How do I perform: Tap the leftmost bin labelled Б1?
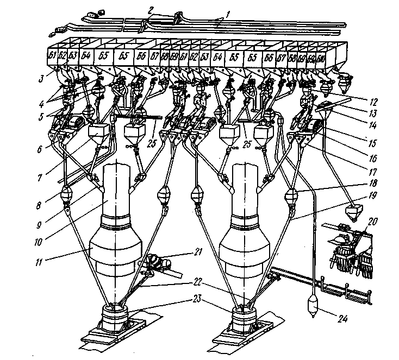(x=53, y=56)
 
